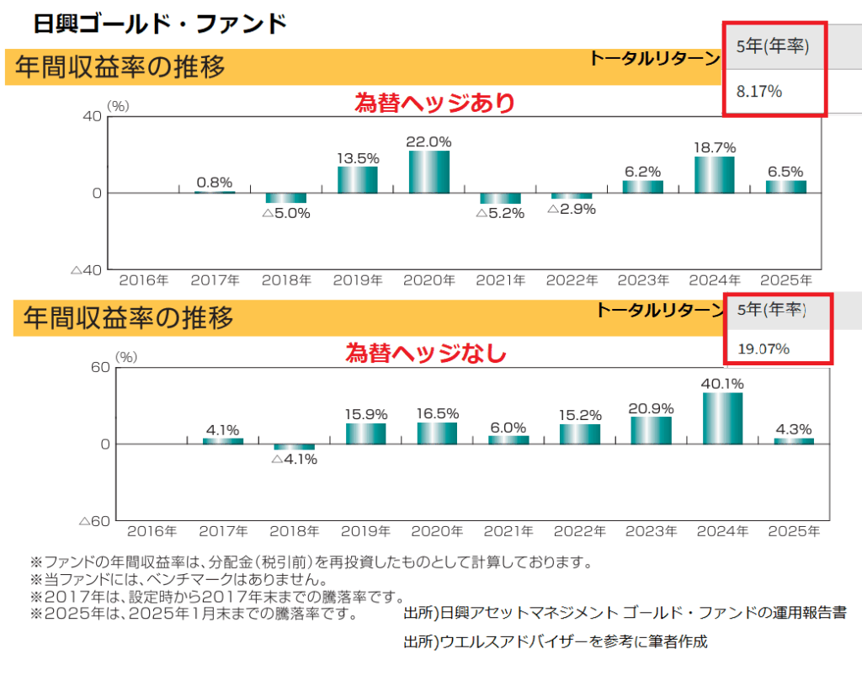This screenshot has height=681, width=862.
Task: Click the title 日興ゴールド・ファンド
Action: click(160, 23)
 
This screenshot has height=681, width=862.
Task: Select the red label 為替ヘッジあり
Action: click(434, 103)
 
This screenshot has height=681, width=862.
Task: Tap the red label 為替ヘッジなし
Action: click(426, 354)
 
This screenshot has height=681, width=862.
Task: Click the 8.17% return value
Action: click(759, 91)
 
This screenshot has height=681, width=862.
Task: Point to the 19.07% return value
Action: click(764, 348)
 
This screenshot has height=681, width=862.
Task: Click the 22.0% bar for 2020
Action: click(428, 172)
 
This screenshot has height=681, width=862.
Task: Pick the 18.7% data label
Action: click(715, 146)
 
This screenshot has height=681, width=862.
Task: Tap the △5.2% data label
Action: click(500, 214)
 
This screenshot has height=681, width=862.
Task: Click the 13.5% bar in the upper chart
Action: click(358, 179)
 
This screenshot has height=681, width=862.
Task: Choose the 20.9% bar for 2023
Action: click(651, 430)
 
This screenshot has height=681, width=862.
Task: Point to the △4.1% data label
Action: click(294, 460)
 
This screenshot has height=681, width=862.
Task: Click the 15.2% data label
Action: click(580, 414)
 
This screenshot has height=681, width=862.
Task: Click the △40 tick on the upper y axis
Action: click(86, 270)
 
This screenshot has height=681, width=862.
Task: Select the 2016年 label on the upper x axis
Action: click(143, 280)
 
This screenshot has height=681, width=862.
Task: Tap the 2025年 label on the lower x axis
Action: click(794, 531)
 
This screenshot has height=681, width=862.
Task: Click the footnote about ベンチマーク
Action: click(178, 580)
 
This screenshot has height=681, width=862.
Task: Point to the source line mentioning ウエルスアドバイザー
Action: click(556, 641)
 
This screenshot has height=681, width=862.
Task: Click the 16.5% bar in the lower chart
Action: click(437, 433)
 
